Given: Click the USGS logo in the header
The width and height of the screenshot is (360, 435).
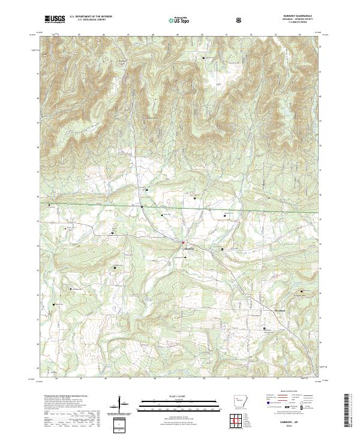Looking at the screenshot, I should (55, 19).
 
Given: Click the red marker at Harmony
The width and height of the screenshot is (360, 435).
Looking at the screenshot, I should (184, 243).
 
